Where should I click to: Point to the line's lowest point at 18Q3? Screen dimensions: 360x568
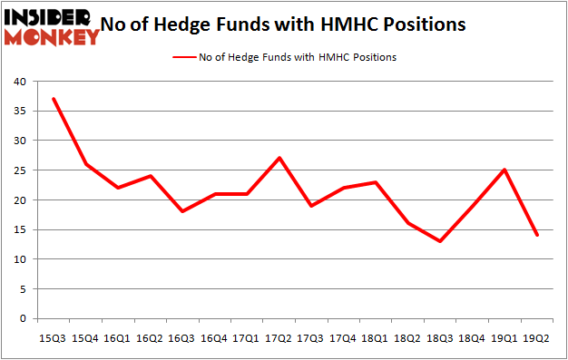(x=440, y=241)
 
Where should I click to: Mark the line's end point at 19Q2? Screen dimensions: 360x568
(x=536, y=235)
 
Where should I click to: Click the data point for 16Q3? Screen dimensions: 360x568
(x=182, y=211)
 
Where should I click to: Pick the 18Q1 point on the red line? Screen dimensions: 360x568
(x=375, y=181)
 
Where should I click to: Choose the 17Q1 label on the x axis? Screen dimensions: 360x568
(x=247, y=337)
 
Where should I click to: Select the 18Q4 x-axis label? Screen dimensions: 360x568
(x=472, y=337)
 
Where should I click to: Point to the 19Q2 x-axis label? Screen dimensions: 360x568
(x=536, y=337)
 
